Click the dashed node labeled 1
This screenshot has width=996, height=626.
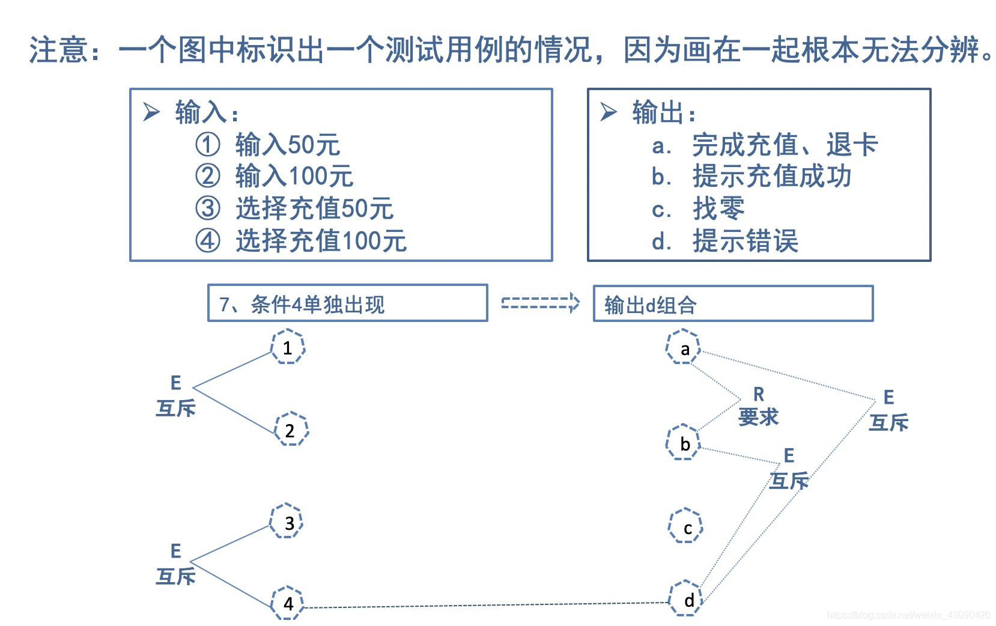(x=288, y=347)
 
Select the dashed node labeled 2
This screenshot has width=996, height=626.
(x=291, y=430)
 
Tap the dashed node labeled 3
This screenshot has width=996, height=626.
(x=287, y=521)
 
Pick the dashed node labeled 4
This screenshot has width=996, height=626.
(x=288, y=603)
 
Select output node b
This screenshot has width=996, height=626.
(x=684, y=443)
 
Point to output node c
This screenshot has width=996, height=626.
(x=686, y=526)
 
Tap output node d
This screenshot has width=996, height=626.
(x=686, y=598)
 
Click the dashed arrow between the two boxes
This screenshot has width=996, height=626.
(x=540, y=303)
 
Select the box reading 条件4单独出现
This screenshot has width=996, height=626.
(x=347, y=303)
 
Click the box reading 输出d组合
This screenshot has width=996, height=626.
(x=732, y=304)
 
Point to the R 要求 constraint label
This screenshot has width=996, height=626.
(x=758, y=407)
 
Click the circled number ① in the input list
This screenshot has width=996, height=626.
(x=208, y=145)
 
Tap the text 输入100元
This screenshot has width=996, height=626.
(x=294, y=177)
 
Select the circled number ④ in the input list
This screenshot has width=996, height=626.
(x=208, y=241)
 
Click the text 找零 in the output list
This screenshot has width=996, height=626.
(x=718, y=209)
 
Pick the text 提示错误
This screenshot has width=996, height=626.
(x=745, y=242)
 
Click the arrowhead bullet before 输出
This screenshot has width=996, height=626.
(x=608, y=112)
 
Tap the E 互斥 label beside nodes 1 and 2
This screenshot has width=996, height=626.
(x=175, y=397)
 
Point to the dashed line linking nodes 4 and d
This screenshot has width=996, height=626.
(x=481, y=606)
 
